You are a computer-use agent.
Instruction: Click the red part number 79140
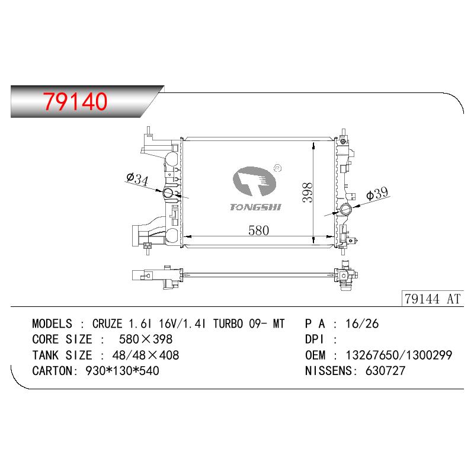[x=75, y=101]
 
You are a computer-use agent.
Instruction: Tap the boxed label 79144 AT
[x=433, y=299]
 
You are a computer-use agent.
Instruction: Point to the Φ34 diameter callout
[x=137, y=178]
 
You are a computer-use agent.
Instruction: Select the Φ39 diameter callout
[x=377, y=194]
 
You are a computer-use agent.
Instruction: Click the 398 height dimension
[x=307, y=192]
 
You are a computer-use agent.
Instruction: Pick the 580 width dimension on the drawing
[x=258, y=230]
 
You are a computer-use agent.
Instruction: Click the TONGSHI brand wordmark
[x=255, y=207]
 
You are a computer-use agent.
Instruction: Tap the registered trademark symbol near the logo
[x=277, y=168]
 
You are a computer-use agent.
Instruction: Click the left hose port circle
[x=168, y=193]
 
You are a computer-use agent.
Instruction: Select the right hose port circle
[x=345, y=209]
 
